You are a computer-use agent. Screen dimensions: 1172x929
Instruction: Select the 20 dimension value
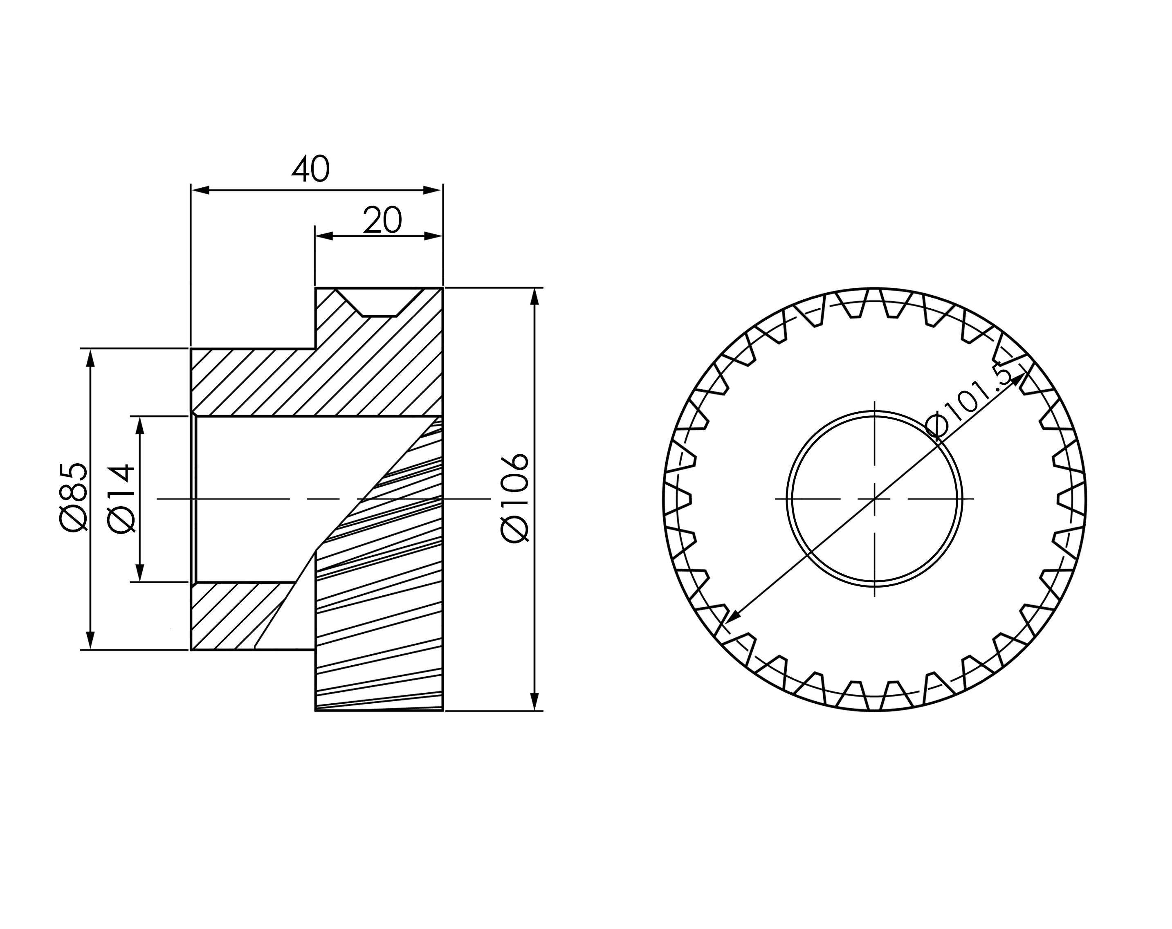click(x=383, y=220)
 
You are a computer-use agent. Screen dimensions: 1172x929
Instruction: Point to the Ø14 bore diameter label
click(x=121, y=498)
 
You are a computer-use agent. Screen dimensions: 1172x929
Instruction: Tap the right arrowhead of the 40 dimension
click(x=433, y=190)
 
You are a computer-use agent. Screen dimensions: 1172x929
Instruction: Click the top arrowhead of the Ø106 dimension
click(x=534, y=297)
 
